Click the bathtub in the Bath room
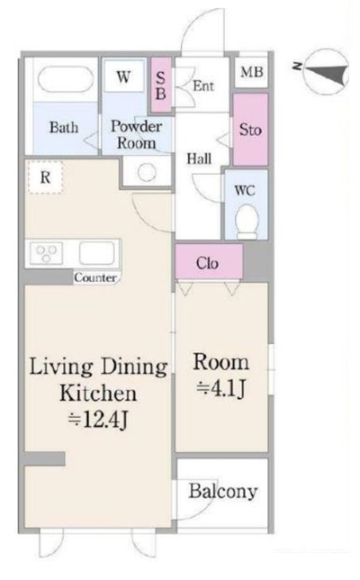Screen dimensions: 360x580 pos(66,78)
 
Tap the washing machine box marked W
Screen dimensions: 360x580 pos(123,77)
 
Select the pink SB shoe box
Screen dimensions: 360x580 pos(161,85)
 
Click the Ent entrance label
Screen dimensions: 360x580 pos(203,86)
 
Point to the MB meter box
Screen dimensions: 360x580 pos(252,72)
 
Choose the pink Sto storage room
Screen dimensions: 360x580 pos(250,130)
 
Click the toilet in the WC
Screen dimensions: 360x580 pos(247,222)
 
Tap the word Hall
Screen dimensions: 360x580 pos(199,159)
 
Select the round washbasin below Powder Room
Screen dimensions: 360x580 pos(147,172)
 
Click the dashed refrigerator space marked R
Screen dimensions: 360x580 pos(46,177)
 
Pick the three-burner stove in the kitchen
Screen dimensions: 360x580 pos(46,253)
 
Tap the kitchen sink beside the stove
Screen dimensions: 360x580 pos(97,253)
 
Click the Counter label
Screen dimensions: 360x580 pos(95,277)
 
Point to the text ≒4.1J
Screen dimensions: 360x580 pos(221,388)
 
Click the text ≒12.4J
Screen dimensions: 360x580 pos(98,420)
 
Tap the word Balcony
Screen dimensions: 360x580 pos(223,492)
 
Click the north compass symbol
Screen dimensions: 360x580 pos(325,72)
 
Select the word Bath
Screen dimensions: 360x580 pos(64,127)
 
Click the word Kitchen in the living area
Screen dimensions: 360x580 pos(98,394)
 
